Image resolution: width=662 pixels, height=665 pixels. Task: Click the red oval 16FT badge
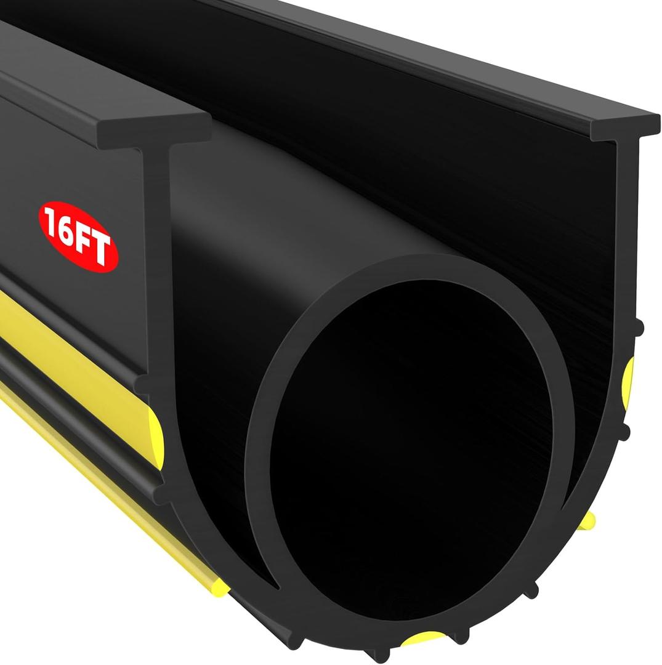point(78,236)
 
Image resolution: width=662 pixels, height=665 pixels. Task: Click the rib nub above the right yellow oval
point(639,328)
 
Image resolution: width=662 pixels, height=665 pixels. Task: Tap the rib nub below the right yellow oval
point(624,432)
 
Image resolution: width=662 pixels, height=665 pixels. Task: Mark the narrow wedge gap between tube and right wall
point(570,493)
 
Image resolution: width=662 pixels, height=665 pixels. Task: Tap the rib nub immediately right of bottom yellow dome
point(461,638)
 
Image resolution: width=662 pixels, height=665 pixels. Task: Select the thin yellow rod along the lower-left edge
point(111,486)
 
